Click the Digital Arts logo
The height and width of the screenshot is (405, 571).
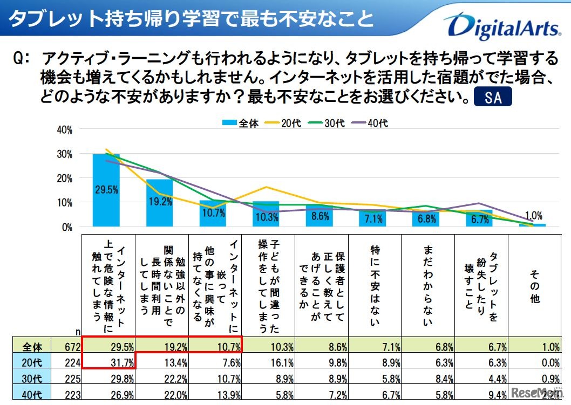point(502,27)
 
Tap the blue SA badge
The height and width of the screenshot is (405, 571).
point(492,98)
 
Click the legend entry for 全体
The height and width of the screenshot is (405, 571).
point(241,123)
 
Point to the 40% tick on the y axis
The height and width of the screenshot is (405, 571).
point(64,130)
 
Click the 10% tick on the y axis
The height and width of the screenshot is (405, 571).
point(64,203)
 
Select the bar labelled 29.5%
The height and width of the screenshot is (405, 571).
point(106,190)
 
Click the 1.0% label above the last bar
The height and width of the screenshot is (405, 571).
point(534,214)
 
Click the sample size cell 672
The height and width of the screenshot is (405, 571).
point(74,347)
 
